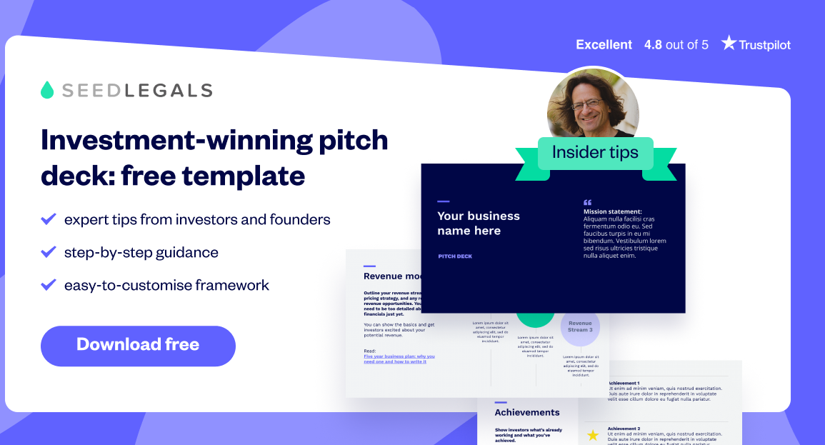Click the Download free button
tap(138, 346)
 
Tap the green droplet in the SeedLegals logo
tap(48, 90)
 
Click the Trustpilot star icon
tap(728, 44)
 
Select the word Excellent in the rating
tap(604, 44)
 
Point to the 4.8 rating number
tap(653, 44)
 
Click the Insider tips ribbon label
tap(594, 153)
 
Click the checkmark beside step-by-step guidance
tap(49, 252)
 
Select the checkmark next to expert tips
tap(49, 219)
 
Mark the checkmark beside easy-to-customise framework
tap(49, 285)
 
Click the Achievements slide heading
tap(527, 412)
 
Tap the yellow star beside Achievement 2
tap(592, 435)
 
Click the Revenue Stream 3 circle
tap(580, 326)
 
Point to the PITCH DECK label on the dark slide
tap(455, 256)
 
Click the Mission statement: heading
tap(613, 211)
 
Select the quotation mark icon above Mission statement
tap(588, 202)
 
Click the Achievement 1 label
tap(624, 383)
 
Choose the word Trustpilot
tap(765, 44)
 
